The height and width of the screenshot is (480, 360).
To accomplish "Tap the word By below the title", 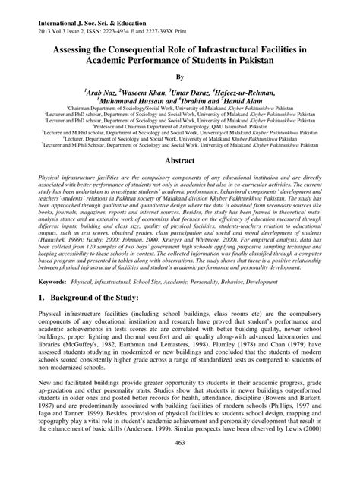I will [180, 77].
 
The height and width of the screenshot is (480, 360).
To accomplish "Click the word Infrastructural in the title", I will [237, 48].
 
